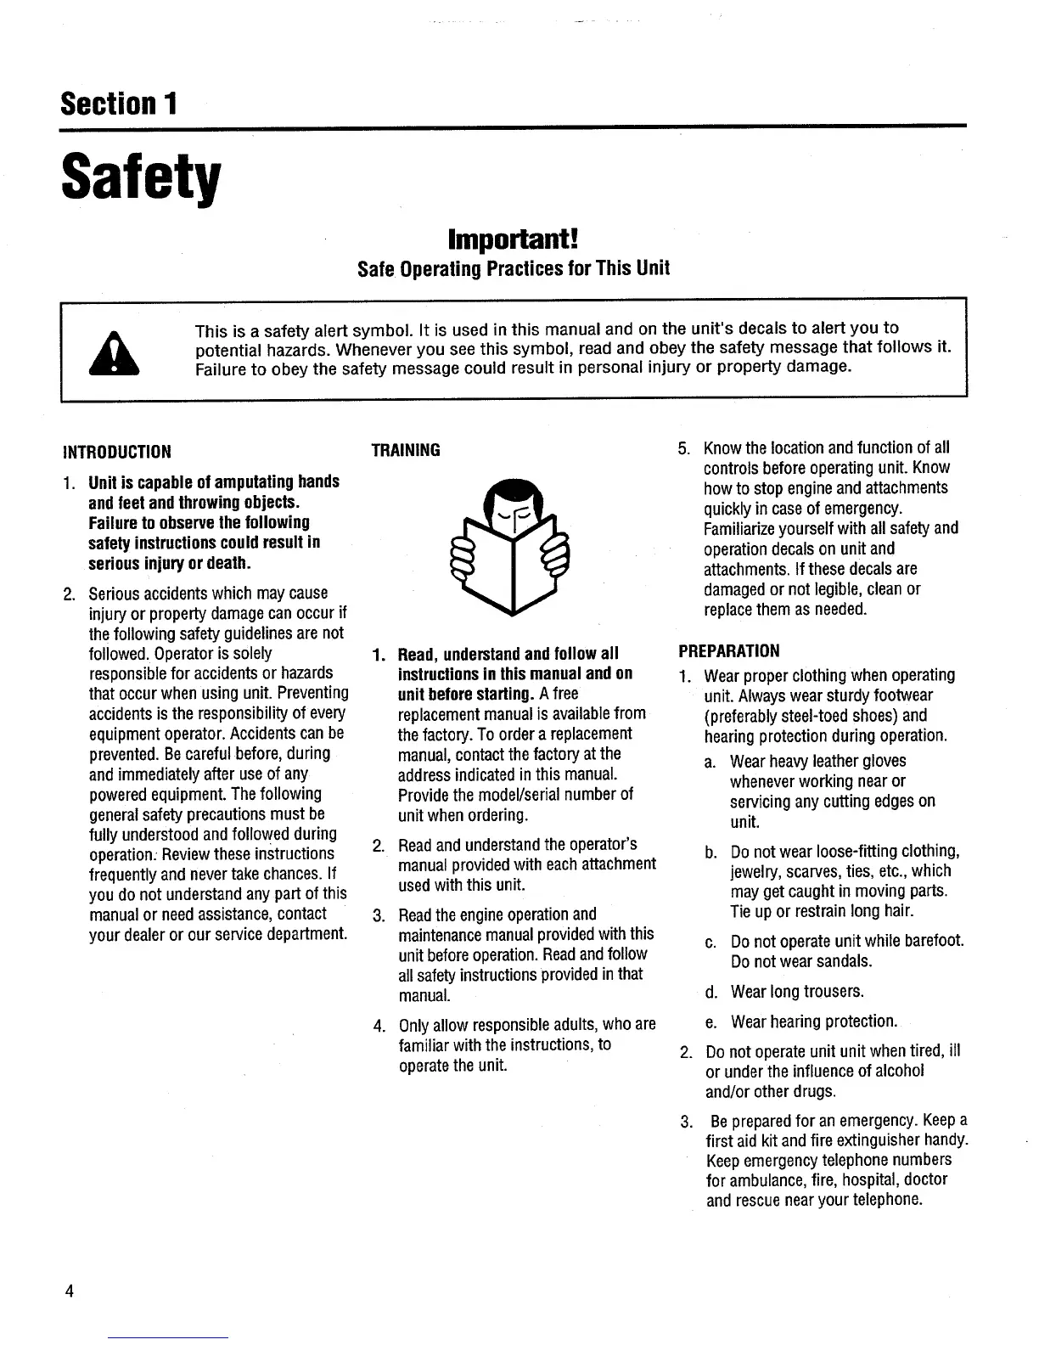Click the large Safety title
(x=141, y=178)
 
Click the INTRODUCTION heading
(x=117, y=451)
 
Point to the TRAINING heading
(x=406, y=451)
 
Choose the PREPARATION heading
(x=728, y=651)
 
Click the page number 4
(x=70, y=1292)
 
